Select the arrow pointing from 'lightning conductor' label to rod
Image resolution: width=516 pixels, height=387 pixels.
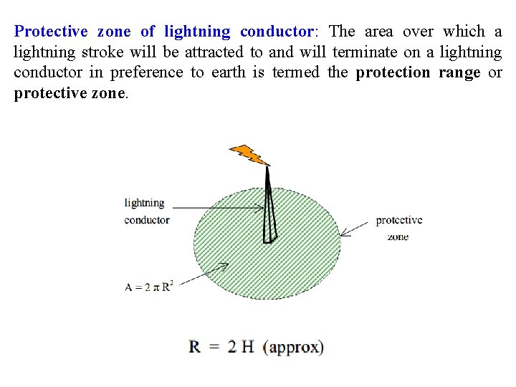218,208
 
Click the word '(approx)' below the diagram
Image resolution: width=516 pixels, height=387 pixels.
293,348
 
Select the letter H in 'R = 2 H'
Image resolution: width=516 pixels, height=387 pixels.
247,348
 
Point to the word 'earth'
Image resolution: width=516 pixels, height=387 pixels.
228,73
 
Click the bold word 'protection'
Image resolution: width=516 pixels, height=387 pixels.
393,73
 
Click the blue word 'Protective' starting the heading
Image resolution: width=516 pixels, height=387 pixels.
50,32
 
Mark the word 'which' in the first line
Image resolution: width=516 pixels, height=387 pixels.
463,32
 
